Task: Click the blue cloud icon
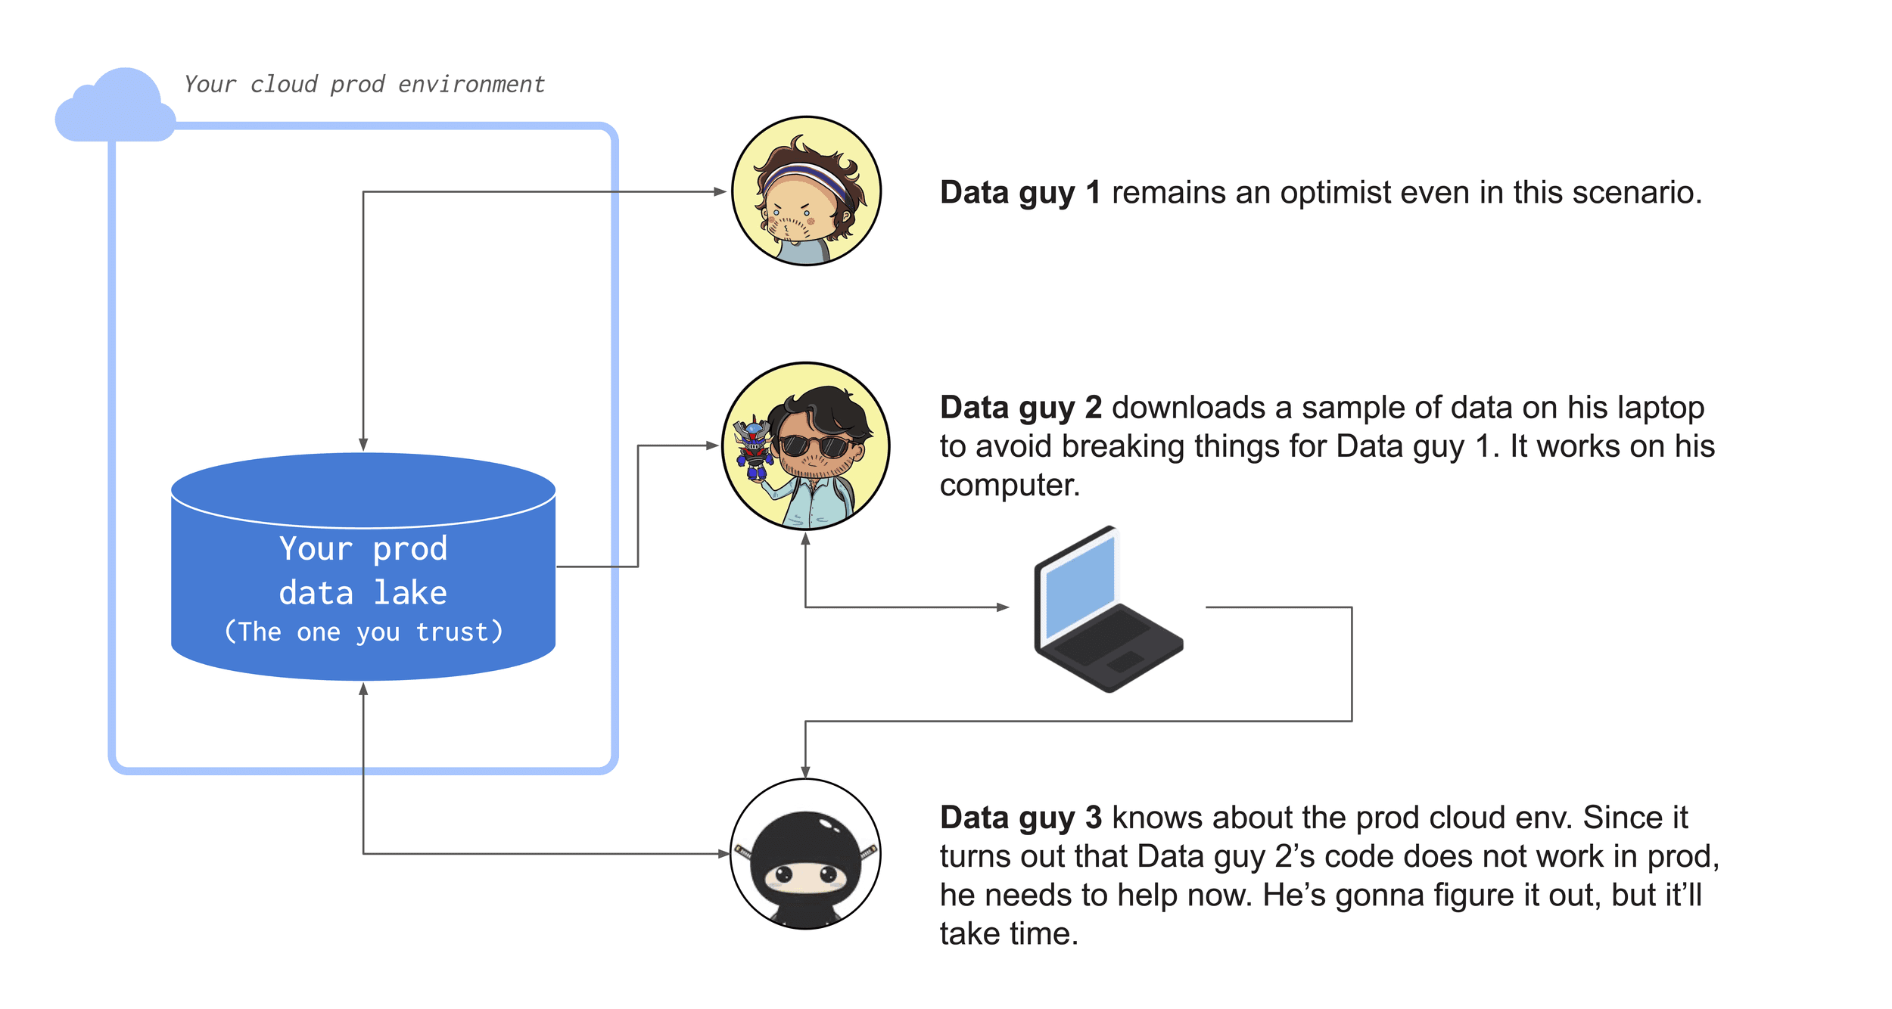(x=115, y=106)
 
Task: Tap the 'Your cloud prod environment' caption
(x=364, y=84)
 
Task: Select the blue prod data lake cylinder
(x=363, y=567)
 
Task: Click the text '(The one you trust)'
(x=363, y=632)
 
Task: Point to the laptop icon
(x=1108, y=609)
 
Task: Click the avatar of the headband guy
(x=806, y=191)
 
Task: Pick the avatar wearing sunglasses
(x=806, y=446)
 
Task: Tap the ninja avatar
(x=805, y=854)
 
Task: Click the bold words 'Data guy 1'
(x=1020, y=193)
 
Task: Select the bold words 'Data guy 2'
(x=1020, y=408)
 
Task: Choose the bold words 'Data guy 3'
(x=1020, y=818)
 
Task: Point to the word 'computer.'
(x=1010, y=486)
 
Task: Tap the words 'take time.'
(x=1009, y=933)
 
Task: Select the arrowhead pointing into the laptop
(x=1003, y=607)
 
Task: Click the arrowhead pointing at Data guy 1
(x=720, y=192)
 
